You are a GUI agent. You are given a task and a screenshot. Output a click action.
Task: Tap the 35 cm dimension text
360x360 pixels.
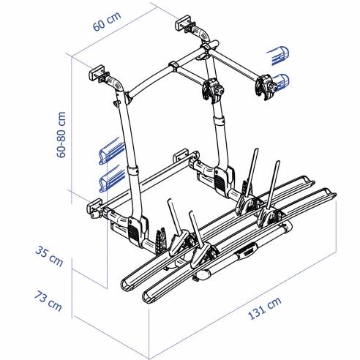[50, 256]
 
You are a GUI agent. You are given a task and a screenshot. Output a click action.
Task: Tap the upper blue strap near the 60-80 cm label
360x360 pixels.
[109, 150]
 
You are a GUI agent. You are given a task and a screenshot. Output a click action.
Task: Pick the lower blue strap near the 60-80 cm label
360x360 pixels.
[109, 178]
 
